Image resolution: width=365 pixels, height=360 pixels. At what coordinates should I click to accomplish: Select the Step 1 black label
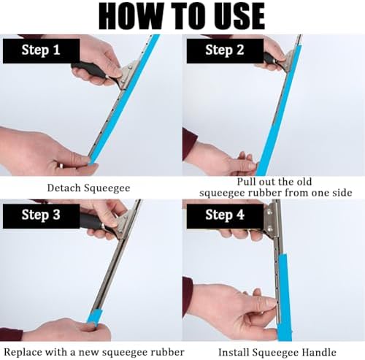click(41, 50)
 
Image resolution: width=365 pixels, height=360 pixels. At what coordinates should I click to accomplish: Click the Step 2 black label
click(225, 50)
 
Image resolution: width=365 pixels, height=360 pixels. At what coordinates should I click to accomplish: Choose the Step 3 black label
click(41, 216)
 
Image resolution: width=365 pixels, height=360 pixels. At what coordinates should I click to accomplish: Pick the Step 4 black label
click(225, 216)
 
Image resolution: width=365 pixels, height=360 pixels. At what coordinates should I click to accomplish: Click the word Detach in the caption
click(64, 188)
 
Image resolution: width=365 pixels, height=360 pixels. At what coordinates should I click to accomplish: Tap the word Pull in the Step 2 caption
click(247, 182)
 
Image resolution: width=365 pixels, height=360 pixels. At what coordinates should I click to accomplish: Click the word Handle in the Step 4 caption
click(319, 353)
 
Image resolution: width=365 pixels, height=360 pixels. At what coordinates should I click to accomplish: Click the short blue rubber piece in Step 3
click(94, 317)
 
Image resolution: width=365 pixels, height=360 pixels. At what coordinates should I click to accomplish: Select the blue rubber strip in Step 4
click(285, 297)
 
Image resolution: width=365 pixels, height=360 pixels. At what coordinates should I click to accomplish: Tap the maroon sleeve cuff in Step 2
click(189, 144)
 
